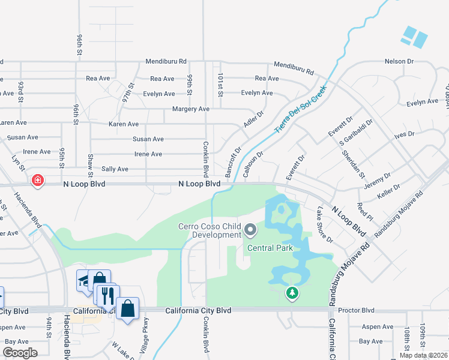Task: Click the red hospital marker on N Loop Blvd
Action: pyautogui.click(x=37, y=181)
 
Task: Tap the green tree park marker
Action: pyautogui.click(x=292, y=293)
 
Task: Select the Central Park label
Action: pyautogui.click(x=268, y=248)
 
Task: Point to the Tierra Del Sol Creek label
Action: pyautogui.click(x=300, y=109)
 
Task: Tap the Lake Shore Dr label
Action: pyautogui.click(x=325, y=224)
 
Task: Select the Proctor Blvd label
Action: pyautogui.click(x=356, y=310)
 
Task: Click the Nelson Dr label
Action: pyautogui.click(x=399, y=61)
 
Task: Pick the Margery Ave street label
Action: pyautogui.click(x=190, y=109)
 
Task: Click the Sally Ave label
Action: pyautogui.click(x=115, y=169)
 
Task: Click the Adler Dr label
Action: pyautogui.click(x=253, y=121)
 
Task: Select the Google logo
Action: pyautogui.click(x=20, y=353)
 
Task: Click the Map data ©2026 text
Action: pyautogui.click(x=423, y=355)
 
